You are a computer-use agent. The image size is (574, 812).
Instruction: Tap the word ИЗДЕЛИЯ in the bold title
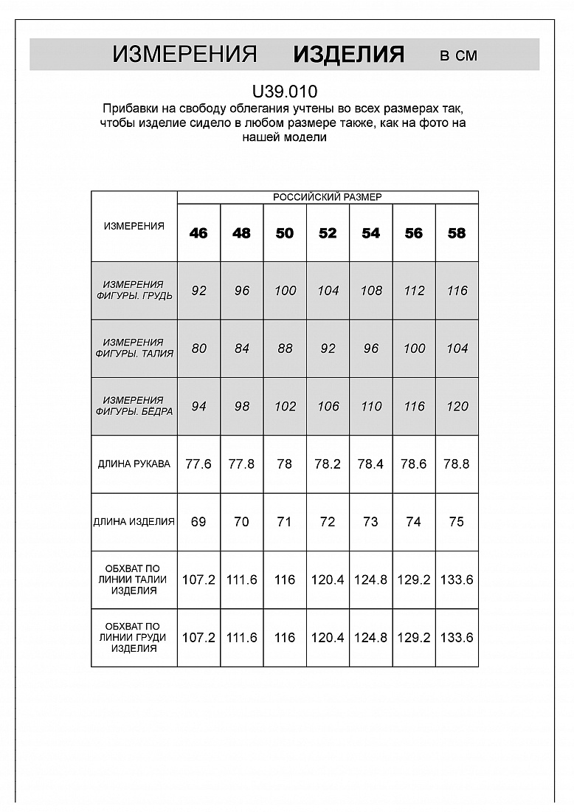(x=348, y=55)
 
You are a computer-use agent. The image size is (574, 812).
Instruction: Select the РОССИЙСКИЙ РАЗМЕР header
(x=328, y=197)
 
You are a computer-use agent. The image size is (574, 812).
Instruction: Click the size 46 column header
(x=198, y=233)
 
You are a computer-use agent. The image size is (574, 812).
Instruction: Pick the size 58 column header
(x=457, y=233)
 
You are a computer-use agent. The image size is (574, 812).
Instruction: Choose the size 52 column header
(x=328, y=233)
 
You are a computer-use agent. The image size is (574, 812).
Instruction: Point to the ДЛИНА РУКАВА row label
(x=134, y=464)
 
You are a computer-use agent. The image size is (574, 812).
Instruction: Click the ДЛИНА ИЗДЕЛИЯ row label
(x=134, y=522)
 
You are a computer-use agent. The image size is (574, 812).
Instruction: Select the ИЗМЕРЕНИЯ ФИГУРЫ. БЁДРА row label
(x=134, y=406)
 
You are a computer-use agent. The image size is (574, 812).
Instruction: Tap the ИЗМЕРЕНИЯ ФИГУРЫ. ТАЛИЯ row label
(x=134, y=348)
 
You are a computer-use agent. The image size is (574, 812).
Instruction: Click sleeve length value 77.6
(x=198, y=464)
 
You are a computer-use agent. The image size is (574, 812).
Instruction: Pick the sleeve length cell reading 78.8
(x=457, y=464)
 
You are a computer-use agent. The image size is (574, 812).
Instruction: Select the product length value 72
(x=328, y=522)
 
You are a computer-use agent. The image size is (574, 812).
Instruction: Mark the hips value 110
(x=371, y=407)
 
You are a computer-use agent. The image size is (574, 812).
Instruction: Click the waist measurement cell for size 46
(x=198, y=348)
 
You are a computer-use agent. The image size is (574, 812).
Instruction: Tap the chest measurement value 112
(x=414, y=291)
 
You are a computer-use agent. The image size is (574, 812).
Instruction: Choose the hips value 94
(x=198, y=407)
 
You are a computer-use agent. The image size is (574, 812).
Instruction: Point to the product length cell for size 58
(x=457, y=522)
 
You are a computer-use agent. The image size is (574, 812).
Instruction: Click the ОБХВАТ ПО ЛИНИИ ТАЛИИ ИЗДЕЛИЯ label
(x=134, y=579)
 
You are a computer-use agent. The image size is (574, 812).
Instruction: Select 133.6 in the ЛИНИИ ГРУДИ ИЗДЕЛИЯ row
(x=457, y=638)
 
